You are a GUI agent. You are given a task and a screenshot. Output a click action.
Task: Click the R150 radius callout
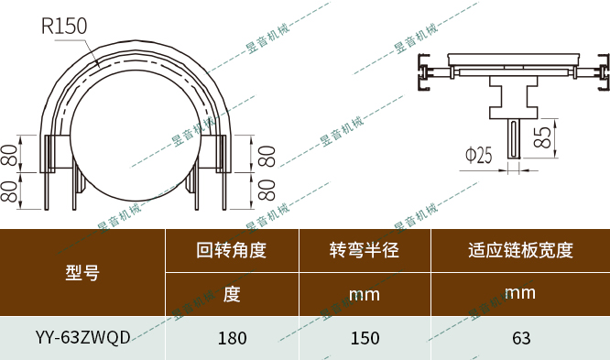point(63,26)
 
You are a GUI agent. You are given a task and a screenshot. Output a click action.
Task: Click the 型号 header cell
point(82,272)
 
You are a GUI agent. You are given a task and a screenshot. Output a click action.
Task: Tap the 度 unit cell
point(232,294)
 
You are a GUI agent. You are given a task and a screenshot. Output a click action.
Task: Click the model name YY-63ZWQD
point(82,337)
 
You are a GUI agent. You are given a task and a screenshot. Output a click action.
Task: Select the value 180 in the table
point(232,337)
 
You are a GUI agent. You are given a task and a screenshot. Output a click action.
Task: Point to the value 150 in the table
point(365,337)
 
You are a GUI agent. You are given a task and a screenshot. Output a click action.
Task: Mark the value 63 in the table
point(520,337)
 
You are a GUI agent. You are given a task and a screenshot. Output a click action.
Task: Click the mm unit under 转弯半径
point(365,295)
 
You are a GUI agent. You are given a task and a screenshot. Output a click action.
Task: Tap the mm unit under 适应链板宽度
point(520,293)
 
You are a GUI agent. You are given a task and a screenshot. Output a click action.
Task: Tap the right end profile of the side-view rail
point(601,72)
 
